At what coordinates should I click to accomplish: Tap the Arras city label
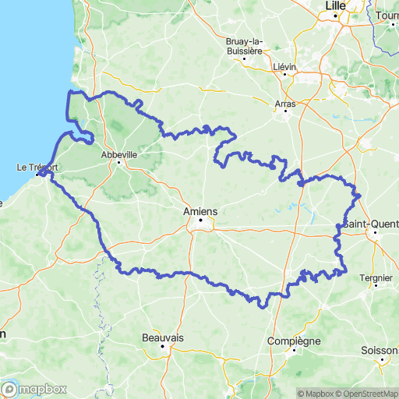point(287,101)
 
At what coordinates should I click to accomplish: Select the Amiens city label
point(199,210)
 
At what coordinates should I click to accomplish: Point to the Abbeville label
point(119,154)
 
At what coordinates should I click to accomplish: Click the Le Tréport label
point(37,166)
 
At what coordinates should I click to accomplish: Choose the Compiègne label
point(294,341)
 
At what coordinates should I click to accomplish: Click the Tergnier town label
point(375,277)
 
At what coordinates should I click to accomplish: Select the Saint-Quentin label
point(373,224)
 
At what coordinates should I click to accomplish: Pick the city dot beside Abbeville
point(119,163)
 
